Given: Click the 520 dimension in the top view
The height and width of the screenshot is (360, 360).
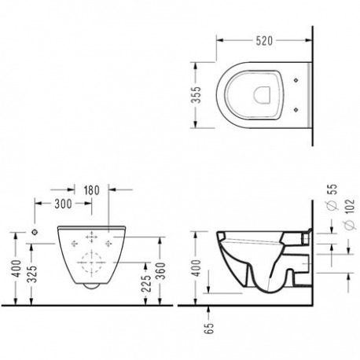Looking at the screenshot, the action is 264,41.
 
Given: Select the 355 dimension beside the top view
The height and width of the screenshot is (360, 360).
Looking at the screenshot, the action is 197,94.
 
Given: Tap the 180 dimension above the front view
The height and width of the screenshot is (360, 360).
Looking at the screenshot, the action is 92,190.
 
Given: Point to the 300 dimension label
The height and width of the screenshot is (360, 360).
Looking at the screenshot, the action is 63,204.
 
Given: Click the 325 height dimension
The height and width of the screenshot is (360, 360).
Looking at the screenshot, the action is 33,274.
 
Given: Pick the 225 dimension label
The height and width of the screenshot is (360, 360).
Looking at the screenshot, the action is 146,284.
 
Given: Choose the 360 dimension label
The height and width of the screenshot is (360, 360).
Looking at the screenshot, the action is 162,270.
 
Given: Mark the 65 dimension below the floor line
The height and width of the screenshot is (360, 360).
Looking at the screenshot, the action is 209,328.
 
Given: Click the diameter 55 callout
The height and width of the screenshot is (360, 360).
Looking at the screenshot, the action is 332,197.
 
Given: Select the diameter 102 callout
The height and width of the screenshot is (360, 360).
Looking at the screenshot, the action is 350,215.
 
